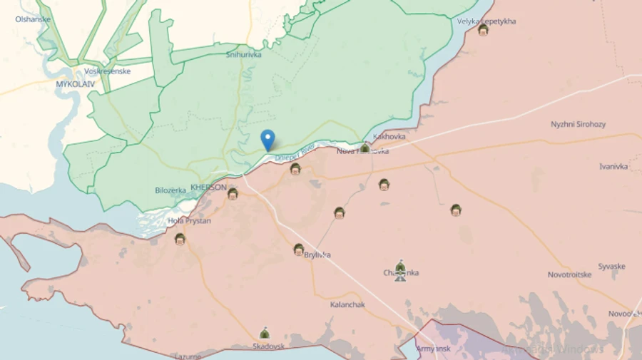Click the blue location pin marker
tap(267, 140)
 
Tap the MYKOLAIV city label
tap(76, 83)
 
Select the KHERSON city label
tap(208, 187)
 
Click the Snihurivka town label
tap(243, 54)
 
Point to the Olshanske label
tap(33, 19)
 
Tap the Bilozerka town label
tap(170, 190)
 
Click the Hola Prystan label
tap(189, 221)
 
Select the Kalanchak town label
tap(347, 304)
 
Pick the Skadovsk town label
tap(268, 346)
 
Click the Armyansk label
tap(434, 349)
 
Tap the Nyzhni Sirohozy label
tap(578, 124)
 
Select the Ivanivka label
tap(613, 166)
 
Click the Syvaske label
tap(611, 267)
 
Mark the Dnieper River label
tap(295, 152)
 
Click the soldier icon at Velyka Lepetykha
tap(483, 30)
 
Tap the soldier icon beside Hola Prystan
tap(180, 239)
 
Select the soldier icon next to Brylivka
tap(299, 249)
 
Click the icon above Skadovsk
tap(265, 333)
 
